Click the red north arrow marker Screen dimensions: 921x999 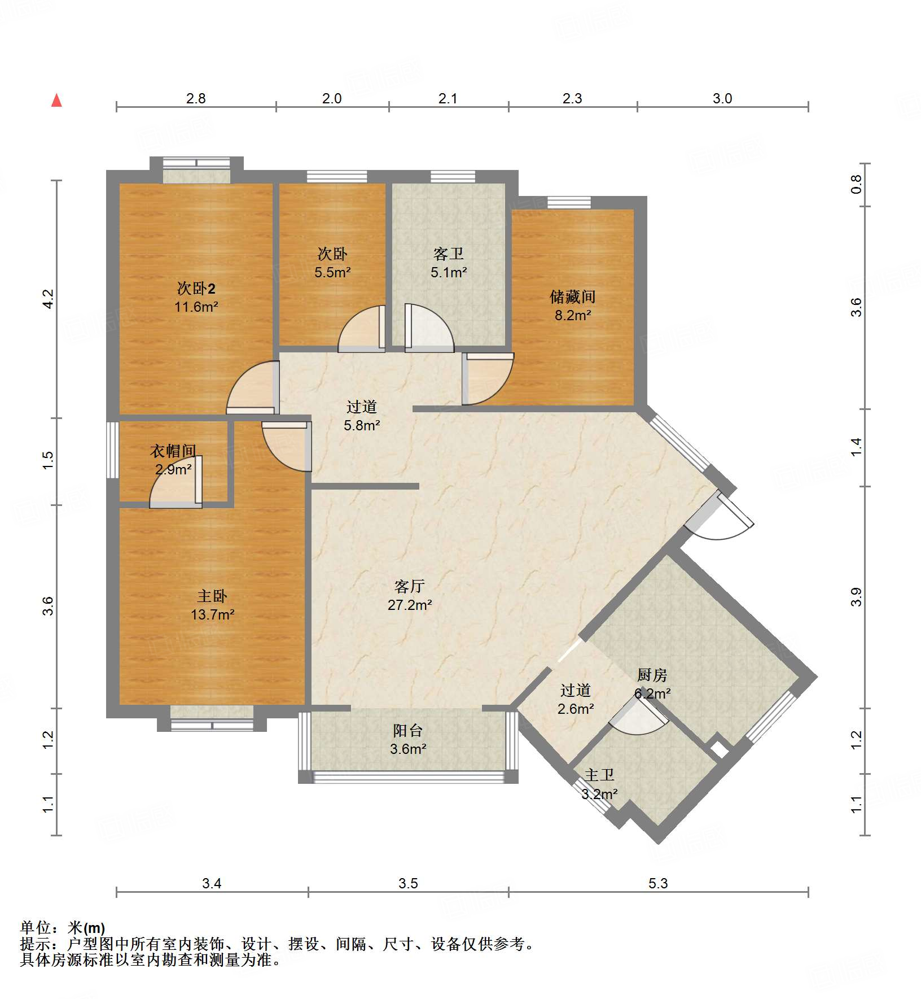coord(56,101)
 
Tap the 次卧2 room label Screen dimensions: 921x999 coord(196,289)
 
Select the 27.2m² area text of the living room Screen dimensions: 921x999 coord(410,605)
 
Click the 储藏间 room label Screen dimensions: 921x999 coord(573,296)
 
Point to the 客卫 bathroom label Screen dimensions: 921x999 coord(449,254)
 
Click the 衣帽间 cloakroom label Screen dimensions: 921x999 coord(173,451)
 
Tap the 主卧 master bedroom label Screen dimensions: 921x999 coord(212,596)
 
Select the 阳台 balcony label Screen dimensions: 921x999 coord(408,730)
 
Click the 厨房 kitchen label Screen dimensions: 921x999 coord(652,675)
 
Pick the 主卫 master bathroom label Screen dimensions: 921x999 coord(599,775)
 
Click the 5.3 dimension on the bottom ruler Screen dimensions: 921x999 coord(658,883)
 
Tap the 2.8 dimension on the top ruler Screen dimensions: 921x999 coord(196,98)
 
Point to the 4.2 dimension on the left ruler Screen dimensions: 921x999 coord(48,299)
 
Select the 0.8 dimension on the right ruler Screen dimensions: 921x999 coord(857,185)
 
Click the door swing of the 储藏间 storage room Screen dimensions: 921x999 coord(488,379)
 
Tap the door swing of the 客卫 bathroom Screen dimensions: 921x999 coord(429,328)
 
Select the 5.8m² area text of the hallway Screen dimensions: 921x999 coord(362,425)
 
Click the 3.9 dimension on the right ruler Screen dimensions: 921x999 coord(857,597)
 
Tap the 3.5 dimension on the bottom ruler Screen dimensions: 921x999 coord(408,883)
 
